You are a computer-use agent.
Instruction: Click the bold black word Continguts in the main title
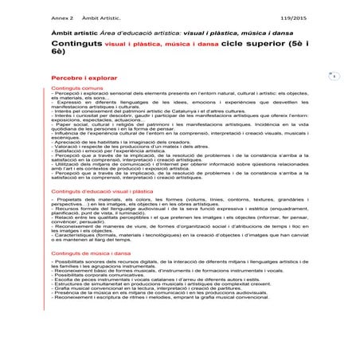pyautogui.click(x=75, y=48)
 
